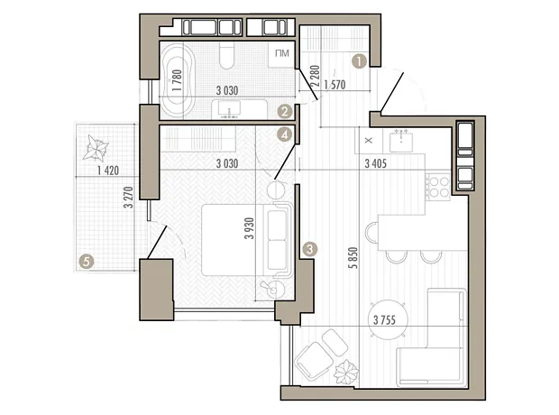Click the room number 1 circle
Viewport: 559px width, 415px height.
359,61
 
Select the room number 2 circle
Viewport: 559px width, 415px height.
285,112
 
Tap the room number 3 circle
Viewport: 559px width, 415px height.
309,249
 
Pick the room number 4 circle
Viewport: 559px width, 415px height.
285,135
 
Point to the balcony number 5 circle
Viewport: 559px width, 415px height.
86,262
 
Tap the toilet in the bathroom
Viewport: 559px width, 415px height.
226,56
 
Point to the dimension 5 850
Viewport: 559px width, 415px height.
353,257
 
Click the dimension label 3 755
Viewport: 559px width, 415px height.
384,319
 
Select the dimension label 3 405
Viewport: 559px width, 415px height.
376,164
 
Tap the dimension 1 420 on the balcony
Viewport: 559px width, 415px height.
108,171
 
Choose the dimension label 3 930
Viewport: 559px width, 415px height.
250,228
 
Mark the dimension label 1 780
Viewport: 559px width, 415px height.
177,80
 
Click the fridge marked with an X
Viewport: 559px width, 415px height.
369,141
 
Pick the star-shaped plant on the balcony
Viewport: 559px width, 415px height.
96,147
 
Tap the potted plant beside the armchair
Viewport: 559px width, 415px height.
346,373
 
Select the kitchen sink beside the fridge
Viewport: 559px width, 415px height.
401,141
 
